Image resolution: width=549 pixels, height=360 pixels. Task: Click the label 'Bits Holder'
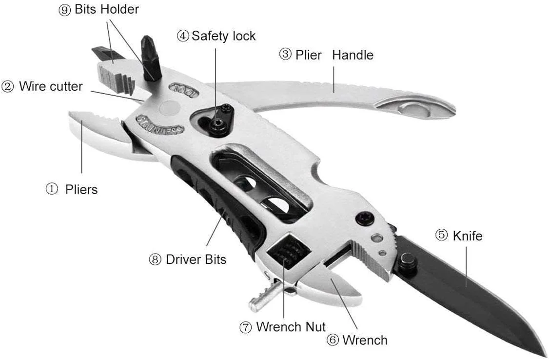106,9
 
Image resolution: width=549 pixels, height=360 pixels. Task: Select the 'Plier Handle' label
334,55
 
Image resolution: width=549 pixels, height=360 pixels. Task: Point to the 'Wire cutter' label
51,87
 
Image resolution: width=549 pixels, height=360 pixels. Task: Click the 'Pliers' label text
81,190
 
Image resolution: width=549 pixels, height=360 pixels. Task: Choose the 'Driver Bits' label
196,259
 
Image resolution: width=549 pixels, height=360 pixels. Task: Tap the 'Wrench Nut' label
291,326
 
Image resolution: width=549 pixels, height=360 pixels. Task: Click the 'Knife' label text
467,236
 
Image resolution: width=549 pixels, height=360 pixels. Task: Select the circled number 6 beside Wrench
333,340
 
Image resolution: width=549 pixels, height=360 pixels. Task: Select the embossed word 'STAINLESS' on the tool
159,124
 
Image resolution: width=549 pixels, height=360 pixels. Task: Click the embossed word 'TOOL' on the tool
184,91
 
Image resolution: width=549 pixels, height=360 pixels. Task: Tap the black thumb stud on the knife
408,262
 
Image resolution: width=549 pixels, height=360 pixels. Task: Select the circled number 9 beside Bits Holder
64,10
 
